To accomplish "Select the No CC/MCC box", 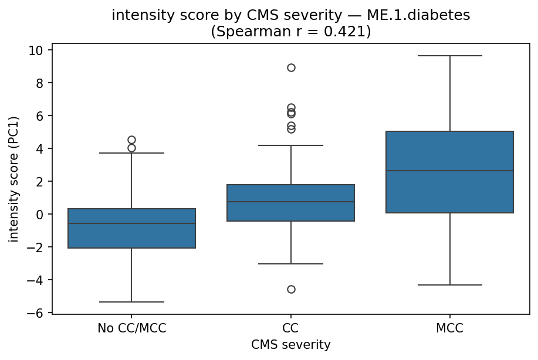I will pos(131,228).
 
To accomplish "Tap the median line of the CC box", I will pos(290,202).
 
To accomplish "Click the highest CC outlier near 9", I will pos(291,67).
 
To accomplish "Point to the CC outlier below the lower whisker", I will pos(291,289).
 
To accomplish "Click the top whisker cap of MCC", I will pos(449,56).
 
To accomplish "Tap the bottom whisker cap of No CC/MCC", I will pos(131,302).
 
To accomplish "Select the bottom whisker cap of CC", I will pos(290,264).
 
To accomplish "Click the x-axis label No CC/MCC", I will pos(131,328).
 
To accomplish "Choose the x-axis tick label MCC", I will pos(449,328).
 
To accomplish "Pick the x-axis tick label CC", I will pos(290,328).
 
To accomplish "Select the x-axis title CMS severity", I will pos(290,345).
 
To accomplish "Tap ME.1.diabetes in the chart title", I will pos(421,16).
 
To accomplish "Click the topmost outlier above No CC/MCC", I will pos(131,140).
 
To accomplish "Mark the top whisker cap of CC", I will pos(290,145).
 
